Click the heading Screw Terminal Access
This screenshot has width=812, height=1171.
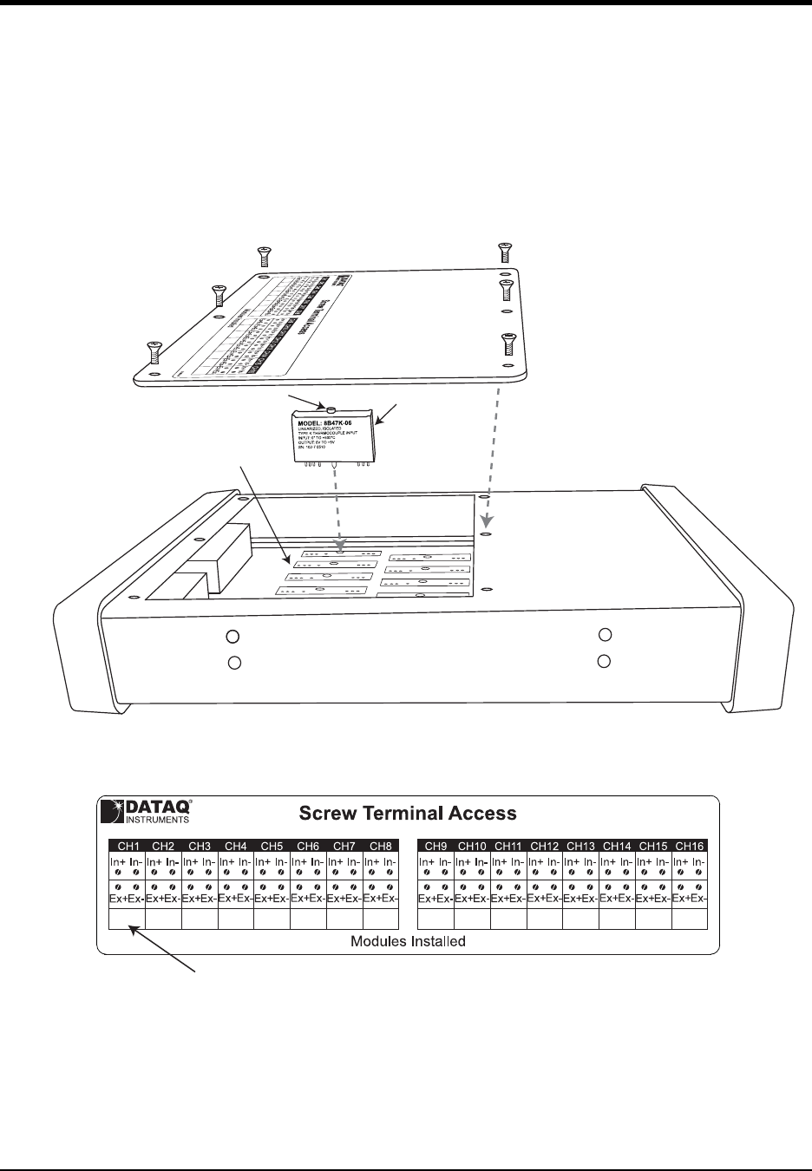pyautogui.click(x=408, y=813)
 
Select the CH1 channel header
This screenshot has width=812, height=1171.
pyautogui.click(x=127, y=845)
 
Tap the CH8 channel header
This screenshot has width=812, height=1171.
pyautogui.click(x=381, y=845)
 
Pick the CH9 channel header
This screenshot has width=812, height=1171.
pyautogui.click(x=435, y=845)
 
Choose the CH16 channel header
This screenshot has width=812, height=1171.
pyautogui.click(x=689, y=845)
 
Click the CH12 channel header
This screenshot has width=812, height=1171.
pyautogui.click(x=544, y=845)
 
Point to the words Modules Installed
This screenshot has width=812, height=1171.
pyautogui.click(x=408, y=941)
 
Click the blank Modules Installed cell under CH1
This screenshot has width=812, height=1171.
pyautogui.click(x=127, y=919)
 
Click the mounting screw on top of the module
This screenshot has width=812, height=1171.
pyautogui.click(x=332, y=407)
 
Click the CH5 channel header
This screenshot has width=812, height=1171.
pyautogui.click(x=272, y=845)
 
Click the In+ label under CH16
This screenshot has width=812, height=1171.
pyautogui.click(x=680, y=861)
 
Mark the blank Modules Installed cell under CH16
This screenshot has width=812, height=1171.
pyautogui.click(x=689, y=919)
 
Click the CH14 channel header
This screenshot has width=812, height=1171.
pyautogui.click(x=617, y=845)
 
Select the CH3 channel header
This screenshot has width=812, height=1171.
pyautogui.click(x=200, y=845)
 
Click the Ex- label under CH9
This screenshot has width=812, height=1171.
pyautogui.click(x=444, y=900)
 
